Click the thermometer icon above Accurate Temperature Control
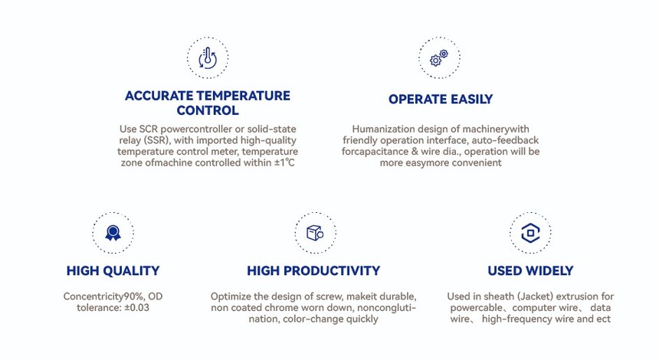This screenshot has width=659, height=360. point(208,57)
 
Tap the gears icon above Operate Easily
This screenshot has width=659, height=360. point(439,57)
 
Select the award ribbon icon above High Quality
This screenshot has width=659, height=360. point(113,233)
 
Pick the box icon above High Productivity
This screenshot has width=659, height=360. point(315,233)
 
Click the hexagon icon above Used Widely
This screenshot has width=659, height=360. point(530,233)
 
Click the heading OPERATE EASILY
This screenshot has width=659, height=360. point(441,99)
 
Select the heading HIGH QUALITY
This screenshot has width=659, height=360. point(113,270)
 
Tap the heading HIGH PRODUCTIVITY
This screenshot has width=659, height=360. point(313,270)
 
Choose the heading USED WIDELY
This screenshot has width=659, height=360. point(530,270)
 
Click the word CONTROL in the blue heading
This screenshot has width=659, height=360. point(208,110)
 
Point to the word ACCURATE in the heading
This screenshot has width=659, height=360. point(159,96)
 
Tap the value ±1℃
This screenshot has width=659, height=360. point(284,162)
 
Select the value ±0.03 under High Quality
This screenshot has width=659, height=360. point(136,307)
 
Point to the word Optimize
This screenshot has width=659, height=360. point(231,296)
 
